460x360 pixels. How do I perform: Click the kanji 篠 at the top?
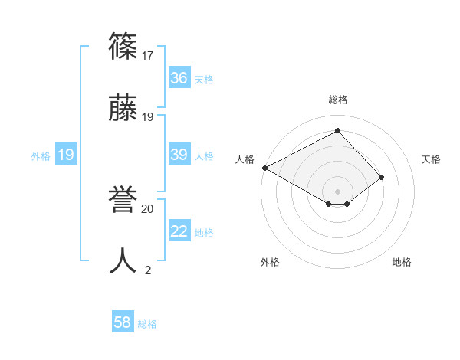coord(123,47)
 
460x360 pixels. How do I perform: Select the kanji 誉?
coord(123,200)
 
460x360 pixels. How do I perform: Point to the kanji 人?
coord(123,261)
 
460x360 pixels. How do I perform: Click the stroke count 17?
coord(149,55)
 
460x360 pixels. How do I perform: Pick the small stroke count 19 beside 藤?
coord(149,116)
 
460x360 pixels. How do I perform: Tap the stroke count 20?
coord(148,208)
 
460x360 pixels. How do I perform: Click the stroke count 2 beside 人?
coord(148,270)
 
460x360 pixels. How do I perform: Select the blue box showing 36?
coord(179,78)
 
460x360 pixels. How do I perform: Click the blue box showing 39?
coord(179,155)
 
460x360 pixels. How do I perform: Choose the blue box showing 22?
coord(179,232)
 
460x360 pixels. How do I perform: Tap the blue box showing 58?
coord(123,323)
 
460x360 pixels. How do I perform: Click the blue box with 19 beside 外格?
coord(66,155)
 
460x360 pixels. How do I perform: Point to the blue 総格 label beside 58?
coord(147,324)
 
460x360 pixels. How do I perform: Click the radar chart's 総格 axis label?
coord(338,100)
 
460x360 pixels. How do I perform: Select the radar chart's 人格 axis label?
coord(245,159)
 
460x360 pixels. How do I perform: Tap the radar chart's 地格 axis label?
coord(402,262)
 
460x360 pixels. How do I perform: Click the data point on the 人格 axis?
coord(264,167)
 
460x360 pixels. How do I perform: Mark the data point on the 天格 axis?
coord(382,177)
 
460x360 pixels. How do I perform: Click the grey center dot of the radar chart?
coord(338,191)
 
